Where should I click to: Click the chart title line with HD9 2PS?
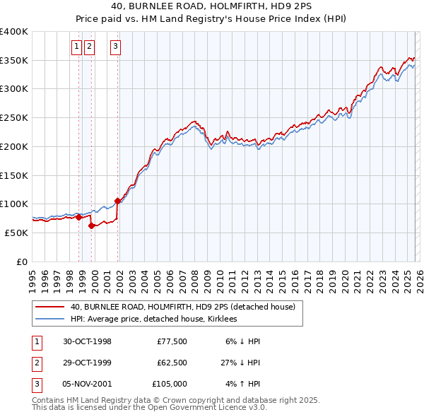(x=211, y=6)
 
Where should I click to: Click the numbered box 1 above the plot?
(x=76, y=47)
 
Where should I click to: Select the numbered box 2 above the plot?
(x=90, y=47)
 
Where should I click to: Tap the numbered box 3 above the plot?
(x=115, y=47)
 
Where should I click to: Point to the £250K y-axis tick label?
(x=14, y=118)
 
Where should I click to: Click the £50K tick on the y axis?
(x=17, y=233)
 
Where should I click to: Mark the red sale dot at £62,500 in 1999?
(x=91, y=225)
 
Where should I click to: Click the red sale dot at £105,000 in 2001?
(x=117, y=201)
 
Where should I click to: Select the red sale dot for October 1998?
(x=78, y=217)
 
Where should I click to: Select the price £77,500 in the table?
(x=172, y=341)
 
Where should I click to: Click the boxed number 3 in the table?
(x=35, y=384)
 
